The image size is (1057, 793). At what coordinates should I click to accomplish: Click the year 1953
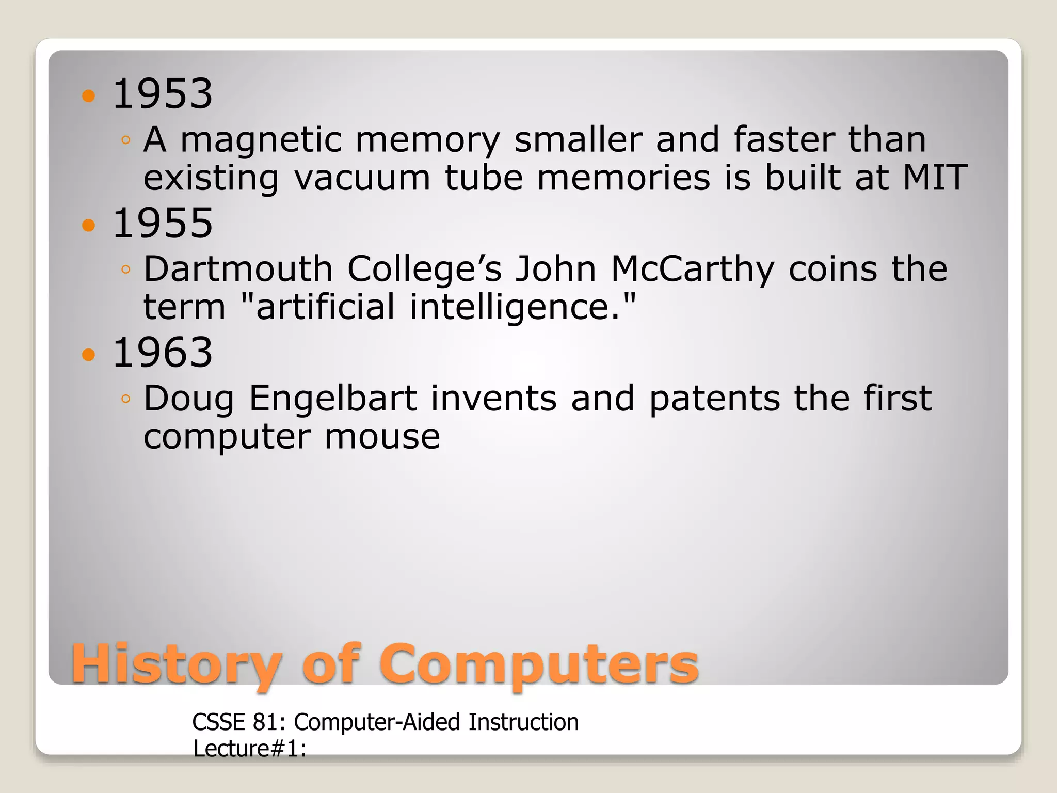pyautogui.click(x=162, y=94)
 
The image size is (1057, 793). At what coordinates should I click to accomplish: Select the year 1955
pyautogui.click(x=162, y=223)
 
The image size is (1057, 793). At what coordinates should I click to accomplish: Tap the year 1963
pyautogui.click(x=162, y=353)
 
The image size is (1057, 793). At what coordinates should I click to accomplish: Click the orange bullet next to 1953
pyautogui.click(x=89, y=96)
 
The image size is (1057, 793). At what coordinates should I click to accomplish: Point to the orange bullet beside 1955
pyautogui.click(x=89, y=225)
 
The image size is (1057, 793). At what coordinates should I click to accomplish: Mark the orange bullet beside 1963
pyautogui.click(x=89, y=355)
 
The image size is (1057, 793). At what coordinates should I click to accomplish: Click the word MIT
pyautogui.click(x=934, y=178)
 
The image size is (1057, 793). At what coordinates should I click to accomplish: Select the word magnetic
pyautogui.click(x=261, y=140)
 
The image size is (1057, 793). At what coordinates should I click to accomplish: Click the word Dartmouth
pyautogui.click(x=238, y=269)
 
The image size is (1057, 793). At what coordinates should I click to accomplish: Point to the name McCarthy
pyautogui.click(x=693, y=269)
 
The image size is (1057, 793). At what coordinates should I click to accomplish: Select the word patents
pyautogui.click(x=714, y=399)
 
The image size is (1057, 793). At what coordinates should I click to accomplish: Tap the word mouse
pyautogui.click(x=382, y=437)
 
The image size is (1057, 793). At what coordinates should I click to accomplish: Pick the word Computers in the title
pyautogui.click(x=539, y=665)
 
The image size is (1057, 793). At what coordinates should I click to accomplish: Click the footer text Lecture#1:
pyautogui.click(x=250, y=749)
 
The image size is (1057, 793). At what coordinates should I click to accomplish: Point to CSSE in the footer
pyautogui.click(x=218, y=722)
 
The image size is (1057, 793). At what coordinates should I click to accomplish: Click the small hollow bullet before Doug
pyautogui.click(x=125, y=399)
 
